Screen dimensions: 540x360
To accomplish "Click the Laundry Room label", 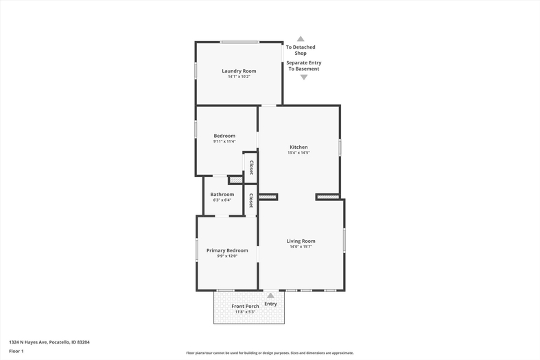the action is [239, 71].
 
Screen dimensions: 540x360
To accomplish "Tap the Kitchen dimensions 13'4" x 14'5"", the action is [298, 152].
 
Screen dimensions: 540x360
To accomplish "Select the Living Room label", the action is [301, 241].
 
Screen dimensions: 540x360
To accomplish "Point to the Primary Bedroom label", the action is [227, 250].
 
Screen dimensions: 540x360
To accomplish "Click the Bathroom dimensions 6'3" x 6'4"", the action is [222, 200].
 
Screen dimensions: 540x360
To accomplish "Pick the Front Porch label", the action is [245, 306].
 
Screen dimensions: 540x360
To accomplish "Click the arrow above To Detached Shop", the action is [301, 38].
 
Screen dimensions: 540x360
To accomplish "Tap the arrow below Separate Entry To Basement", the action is [304, 77].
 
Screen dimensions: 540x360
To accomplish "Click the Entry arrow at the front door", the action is [271, 296].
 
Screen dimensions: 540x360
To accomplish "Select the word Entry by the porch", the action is [271, 304].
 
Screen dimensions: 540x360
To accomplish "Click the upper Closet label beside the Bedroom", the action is [251, 167].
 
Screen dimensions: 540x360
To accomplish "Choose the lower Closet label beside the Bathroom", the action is [251, 201].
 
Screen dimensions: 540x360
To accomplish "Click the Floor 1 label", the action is [16, 351].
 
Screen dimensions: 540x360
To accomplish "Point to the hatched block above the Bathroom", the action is [236, 180].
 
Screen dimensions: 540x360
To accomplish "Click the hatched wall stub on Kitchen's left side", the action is [268, 197].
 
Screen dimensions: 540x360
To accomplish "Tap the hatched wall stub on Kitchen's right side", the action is [327, 197].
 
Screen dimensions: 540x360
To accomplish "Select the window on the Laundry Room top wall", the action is [240, 42].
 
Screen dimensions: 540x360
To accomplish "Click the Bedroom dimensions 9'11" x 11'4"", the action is [224, 141].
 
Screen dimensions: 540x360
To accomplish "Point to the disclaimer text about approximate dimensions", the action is [270, 352].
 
